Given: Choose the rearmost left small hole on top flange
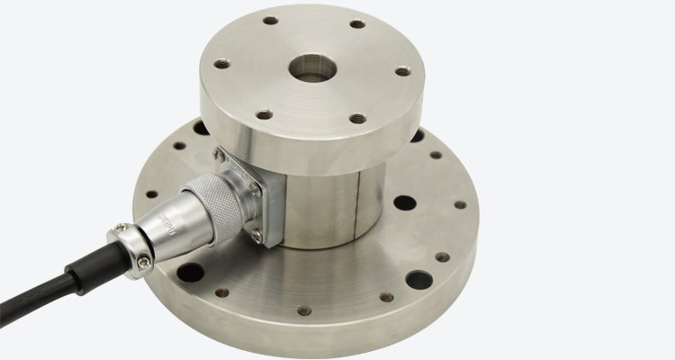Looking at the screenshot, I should tap(269, 19).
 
